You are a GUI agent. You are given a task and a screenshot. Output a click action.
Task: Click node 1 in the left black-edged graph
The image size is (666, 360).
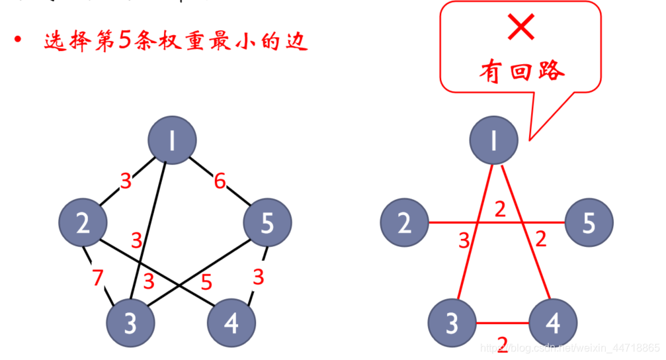[x=172, y=140]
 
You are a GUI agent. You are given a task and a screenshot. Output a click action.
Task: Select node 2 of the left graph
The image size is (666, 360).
[x=83, y=223]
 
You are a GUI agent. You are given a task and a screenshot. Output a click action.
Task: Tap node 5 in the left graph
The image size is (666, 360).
[x=267, y=223]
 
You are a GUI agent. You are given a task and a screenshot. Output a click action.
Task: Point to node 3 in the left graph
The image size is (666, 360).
[x=131, y=324]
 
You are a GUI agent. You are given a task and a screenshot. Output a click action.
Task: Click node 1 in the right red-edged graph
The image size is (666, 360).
[x=493, y=140]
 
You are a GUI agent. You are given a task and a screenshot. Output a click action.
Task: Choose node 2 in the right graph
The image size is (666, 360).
[x=405, y=223]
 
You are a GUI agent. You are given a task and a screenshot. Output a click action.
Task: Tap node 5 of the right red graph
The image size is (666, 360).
[x=589, y=223]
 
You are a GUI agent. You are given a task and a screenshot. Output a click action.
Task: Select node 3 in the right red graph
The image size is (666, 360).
[x=452, y=324]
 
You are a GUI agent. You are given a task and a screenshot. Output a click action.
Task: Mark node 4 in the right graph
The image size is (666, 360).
[x=553, y=324]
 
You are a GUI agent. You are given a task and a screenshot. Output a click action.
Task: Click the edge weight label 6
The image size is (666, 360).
[x=220, y=181]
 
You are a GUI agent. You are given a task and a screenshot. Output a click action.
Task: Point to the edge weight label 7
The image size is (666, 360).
[x=98, y=278]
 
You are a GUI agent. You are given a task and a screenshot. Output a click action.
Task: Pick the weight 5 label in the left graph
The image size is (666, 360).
[x=206, y=283]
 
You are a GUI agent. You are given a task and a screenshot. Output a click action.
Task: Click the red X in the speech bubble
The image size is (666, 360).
[x=521, y=28]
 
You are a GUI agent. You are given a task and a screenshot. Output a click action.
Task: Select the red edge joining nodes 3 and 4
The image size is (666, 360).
[x=503, y=324]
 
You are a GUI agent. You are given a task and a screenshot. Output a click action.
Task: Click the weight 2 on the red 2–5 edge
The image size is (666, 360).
[x=500, y=210]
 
